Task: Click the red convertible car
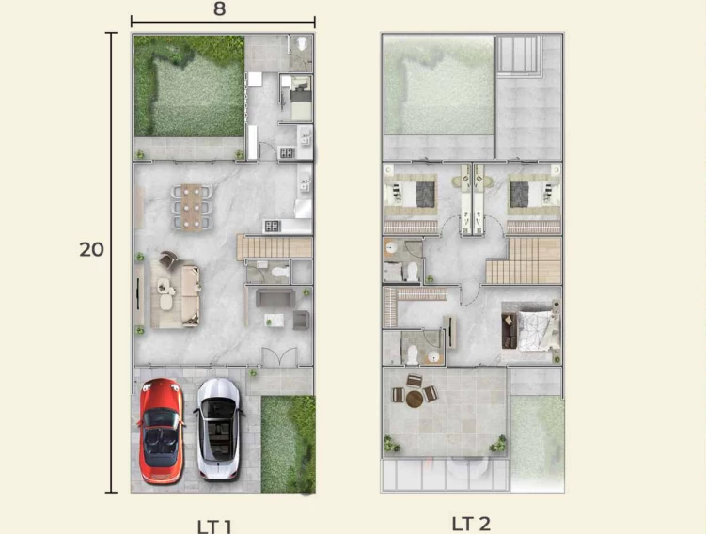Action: coord(161,431)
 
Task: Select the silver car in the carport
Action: coord(218,429)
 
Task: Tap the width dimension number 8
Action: coord(220,8)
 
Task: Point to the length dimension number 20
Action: coord(91,249)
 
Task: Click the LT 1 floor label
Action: coord(214,526)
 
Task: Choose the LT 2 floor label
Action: coord(471,524)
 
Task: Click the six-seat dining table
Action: coord(192,207)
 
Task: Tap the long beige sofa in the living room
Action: coord(191,295)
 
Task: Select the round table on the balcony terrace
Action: coord(415,399)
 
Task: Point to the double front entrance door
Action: coord(279,356)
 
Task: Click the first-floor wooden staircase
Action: coord(275,247)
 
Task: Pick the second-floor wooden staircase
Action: coord(524,260)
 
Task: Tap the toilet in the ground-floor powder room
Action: coord(280,272)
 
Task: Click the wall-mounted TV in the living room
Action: coord(138,294)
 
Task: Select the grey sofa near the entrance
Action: coord(275,298)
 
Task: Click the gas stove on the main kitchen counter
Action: coord(273,226)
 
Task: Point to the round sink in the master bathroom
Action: coord(433,357)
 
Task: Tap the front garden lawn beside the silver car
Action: coord(289,444)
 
